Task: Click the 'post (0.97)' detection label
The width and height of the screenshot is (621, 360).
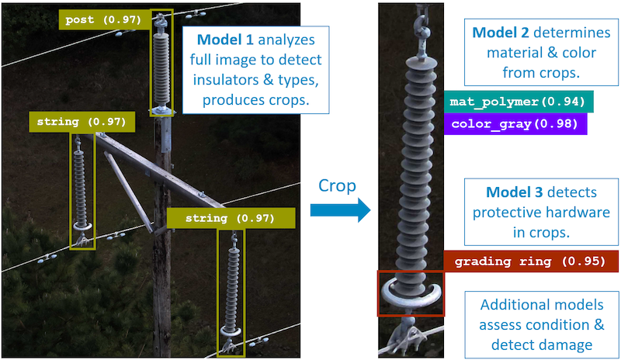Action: click(104, 20)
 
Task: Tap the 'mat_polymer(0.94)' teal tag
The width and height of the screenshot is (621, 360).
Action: click(518, 102)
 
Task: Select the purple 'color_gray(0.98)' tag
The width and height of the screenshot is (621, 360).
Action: click(515, 124)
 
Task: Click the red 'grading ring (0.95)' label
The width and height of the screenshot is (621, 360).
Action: click(530, 261)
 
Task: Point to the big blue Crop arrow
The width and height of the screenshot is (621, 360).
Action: click(340, 210)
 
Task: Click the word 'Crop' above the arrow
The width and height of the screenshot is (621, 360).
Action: click(337, 185)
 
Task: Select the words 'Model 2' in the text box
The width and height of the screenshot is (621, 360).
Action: click(500, 33)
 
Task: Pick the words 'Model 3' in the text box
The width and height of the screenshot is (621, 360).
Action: click(514, 192)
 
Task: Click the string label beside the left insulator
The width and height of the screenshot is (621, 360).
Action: click(82, 122)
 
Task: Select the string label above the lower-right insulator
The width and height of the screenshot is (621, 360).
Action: click(231, 218)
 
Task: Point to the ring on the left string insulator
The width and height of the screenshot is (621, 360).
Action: click(82, 227)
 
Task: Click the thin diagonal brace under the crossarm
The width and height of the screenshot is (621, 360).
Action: click(128, 192)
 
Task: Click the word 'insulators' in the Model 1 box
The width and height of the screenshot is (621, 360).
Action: click(225, 80)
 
